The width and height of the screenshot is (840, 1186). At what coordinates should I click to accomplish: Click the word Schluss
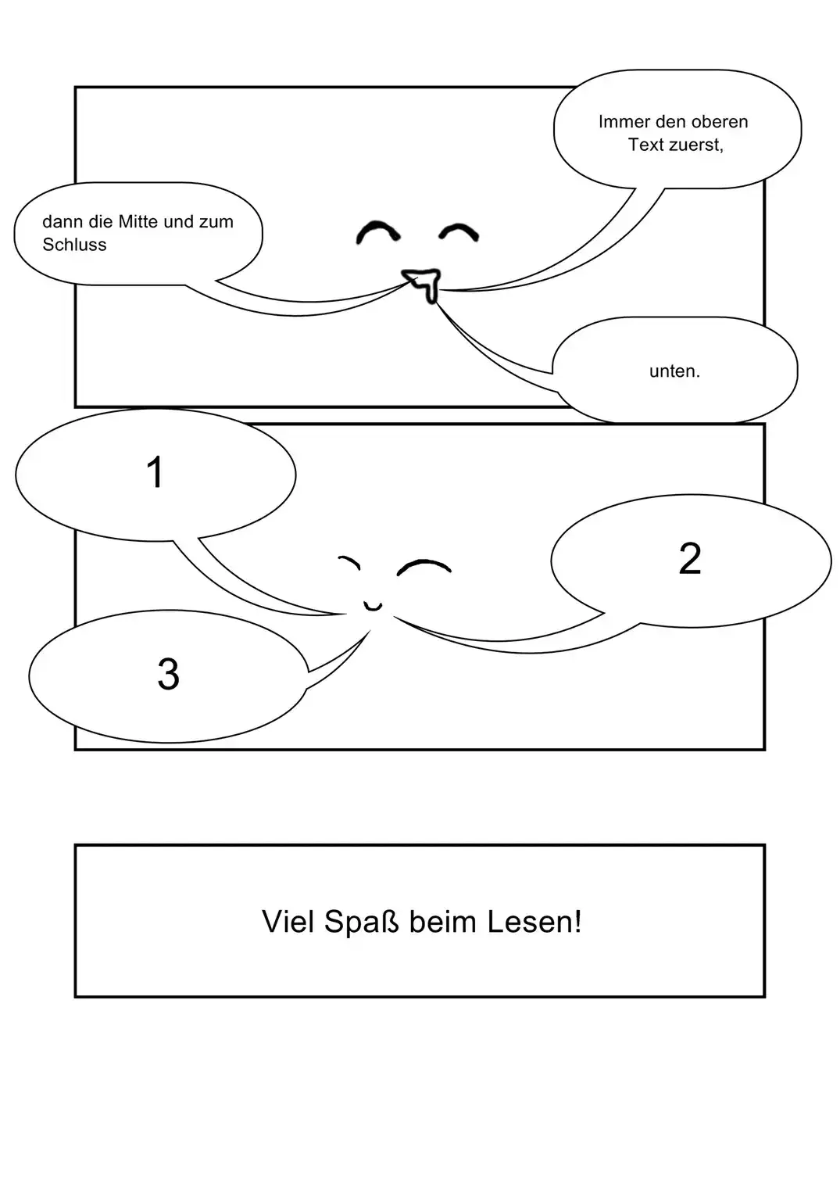[x=74, y=245]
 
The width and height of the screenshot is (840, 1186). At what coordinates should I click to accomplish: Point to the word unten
[x=674, y=371]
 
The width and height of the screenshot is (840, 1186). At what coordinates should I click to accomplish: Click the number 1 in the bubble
[x=155, y=473]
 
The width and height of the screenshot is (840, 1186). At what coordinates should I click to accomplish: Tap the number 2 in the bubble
[x=689, y=559]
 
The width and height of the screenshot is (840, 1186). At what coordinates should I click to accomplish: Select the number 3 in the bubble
[x=168, y=674]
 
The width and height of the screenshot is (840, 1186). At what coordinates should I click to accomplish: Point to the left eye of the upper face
[x=377, y=232]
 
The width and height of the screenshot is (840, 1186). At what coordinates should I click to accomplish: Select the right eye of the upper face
[x=459, y=231]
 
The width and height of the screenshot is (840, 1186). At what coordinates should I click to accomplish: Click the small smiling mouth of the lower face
[x=373, y=605]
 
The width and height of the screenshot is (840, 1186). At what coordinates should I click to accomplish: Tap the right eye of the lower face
[x=424, y=567]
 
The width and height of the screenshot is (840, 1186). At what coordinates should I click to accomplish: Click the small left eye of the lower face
[x=349, y=561]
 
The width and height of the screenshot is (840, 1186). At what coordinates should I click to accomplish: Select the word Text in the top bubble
[x=645, y=145]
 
